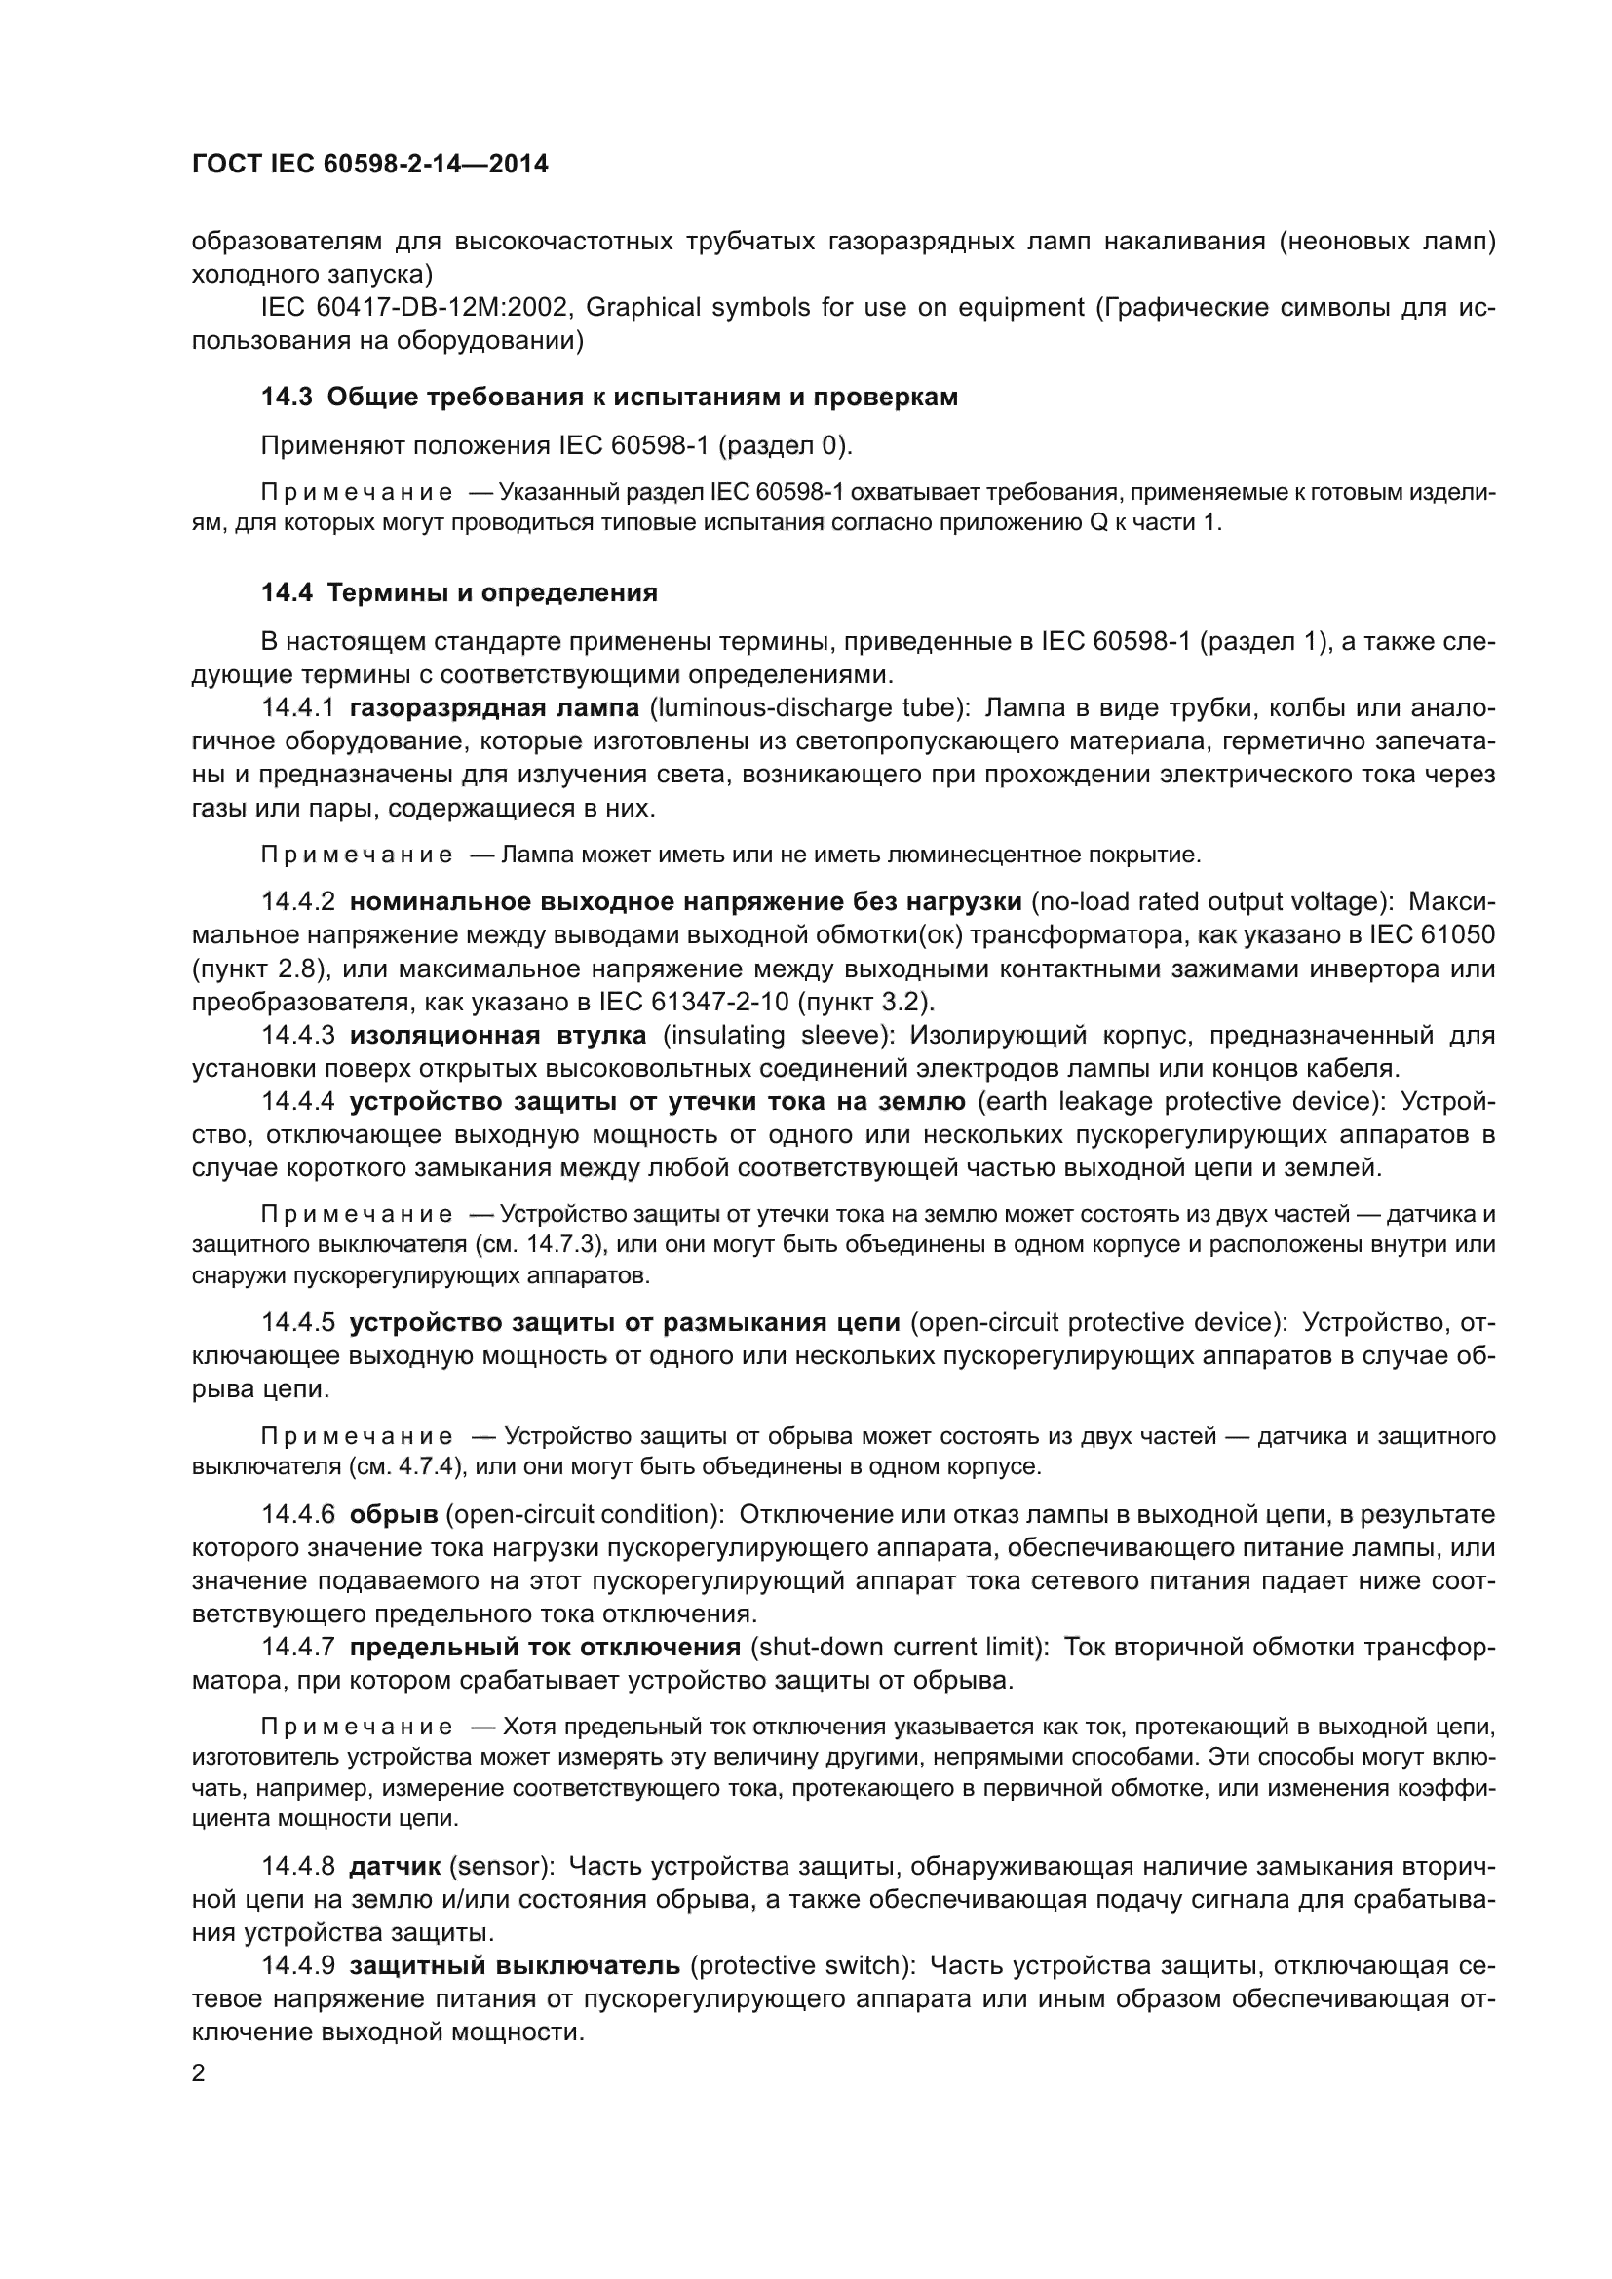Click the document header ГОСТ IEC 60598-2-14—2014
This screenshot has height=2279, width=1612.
click(x=369, y=164)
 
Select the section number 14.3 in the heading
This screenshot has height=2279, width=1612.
click(x=287, y=397)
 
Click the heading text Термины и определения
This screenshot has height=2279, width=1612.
click(x=492, y=592)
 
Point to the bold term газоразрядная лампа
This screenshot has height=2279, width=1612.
click(x=494, y=707)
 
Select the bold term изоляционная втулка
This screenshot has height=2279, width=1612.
click(x=497, y=1036)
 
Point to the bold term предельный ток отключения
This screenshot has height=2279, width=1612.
click(x=545, y=1647)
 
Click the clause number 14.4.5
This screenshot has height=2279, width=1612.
click(x=298, y=1322)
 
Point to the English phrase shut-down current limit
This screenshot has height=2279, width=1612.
click(x=900, y=1647)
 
